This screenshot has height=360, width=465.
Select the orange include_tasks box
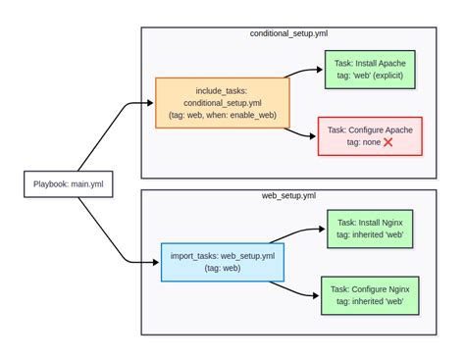(223, 102)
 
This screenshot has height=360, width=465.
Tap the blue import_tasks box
(223, 261)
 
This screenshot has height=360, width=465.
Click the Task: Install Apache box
(370, 70)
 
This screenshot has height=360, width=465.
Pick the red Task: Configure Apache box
(370, 136)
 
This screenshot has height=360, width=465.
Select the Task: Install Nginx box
(370, 229)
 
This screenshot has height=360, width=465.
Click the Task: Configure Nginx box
(370, 295)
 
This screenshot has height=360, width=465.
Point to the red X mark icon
(387, 143)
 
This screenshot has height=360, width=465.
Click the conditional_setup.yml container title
(288, 33)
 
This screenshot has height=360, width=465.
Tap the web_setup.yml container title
(288, 195)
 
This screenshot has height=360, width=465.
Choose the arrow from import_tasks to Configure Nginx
(299, 289)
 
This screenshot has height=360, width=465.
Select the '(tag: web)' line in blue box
(223, 268)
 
